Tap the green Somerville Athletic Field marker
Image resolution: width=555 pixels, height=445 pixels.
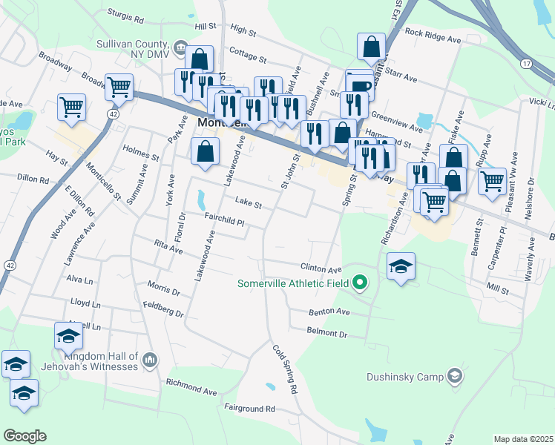pos(361,283)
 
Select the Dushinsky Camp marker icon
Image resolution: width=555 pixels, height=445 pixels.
pos(455,377)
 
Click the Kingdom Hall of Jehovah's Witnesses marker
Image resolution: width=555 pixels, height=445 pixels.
pos(150,360)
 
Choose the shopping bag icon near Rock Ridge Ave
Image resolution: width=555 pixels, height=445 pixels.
pos(371,47)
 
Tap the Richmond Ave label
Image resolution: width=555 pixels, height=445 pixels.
pos(191,386)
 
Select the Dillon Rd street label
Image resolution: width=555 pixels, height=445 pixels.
pos(33,179)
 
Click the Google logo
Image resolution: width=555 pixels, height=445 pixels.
pos(24,435)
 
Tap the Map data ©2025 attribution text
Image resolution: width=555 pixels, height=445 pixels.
pos(522,439)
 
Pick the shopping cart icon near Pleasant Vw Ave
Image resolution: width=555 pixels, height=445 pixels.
pos(492,181)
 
